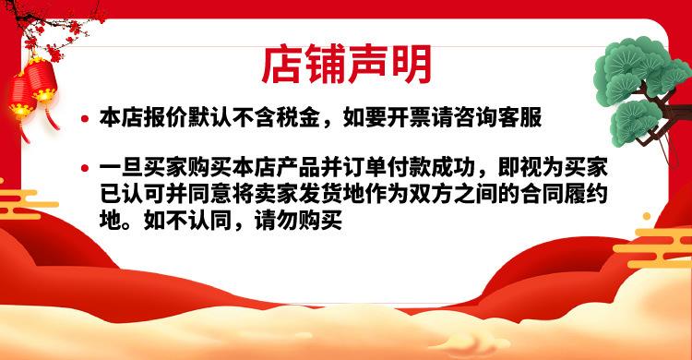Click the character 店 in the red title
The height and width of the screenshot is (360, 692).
281,62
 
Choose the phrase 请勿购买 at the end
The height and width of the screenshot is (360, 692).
304,222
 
